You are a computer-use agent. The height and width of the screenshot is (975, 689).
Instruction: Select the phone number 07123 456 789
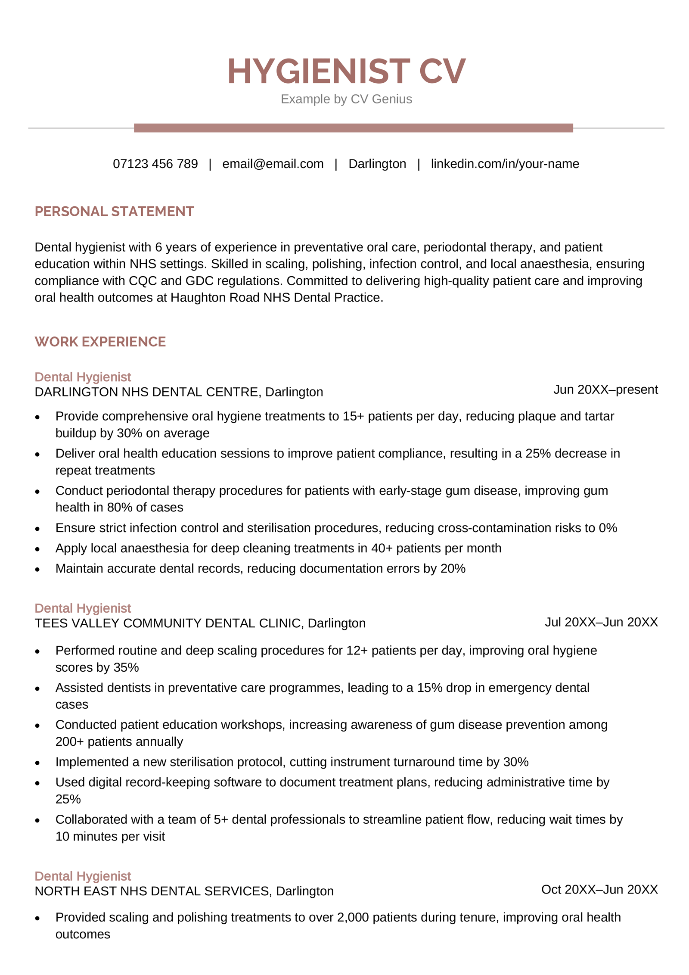click(x=155, y=164)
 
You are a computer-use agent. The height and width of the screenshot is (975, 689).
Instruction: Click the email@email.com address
click(x=273, y=164)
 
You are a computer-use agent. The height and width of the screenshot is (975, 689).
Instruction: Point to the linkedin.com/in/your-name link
click(x=504, y=164)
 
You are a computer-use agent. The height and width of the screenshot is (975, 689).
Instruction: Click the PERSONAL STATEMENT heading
click(x=114, y=211)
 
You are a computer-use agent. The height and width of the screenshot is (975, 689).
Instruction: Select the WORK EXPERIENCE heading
click(x=100, y=342)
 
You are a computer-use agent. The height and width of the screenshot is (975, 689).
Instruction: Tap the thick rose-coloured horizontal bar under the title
click(x=353, y=128)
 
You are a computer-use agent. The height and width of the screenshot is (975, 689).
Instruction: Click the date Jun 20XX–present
click(x=605, y=389)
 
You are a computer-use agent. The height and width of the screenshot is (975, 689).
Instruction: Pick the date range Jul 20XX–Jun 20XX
click(x=601, y=622)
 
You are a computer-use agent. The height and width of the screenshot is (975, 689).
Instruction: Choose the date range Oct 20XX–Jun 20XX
click(x=599, y=889)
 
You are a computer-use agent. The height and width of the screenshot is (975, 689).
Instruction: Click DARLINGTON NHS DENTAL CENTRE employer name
click(x=146, y=392)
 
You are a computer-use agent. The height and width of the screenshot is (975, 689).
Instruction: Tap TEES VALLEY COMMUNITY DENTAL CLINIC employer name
click(x=169, y=623)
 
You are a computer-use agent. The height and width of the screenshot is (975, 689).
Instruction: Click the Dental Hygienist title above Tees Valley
click(x=83, y=608)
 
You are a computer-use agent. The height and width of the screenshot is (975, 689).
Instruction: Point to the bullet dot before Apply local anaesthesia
click(x=37, y=549)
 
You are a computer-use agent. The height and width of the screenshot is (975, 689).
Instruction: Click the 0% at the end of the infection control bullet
click(x=608, y=528)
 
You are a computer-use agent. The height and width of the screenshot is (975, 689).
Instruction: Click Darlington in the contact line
click(x=377, y=164)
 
